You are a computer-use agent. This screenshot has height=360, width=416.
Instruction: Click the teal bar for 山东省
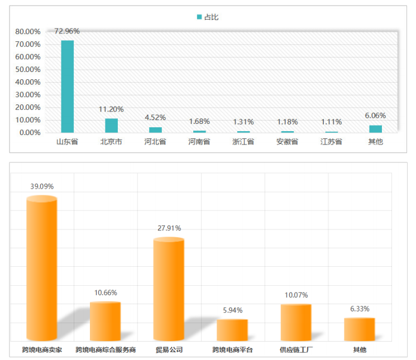[x=67, y=87]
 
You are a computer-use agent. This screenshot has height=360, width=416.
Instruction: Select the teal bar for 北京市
[x=112, y=126]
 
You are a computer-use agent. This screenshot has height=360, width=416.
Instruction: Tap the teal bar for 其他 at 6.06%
[x=376, y=129]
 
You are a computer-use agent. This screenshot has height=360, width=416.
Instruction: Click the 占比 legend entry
[x=208, y=17]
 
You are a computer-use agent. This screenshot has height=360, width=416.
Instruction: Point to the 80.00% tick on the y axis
[x=26, y=31]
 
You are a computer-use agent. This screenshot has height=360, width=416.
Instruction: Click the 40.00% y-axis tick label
[x=26, y=82]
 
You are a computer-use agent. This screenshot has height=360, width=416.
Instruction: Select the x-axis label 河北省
[x=155, y=142]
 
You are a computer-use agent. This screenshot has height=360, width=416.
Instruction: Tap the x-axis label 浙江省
[x=243, y=142]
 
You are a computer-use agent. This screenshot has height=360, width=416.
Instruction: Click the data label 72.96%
[x=68, y=31]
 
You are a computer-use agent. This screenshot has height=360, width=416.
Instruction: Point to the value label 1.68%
[x=199, y=122]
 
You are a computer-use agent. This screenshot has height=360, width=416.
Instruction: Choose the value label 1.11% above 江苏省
[x=332, y=122]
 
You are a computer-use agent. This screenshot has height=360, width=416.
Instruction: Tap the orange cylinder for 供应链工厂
[x=296, y=322]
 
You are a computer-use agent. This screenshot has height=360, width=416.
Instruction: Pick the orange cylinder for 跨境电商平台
[x=232, y=329]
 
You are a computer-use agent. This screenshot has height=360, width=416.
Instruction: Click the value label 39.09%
[x=42, y=186]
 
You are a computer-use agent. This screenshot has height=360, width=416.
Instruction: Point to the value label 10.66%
[x=106, y=292]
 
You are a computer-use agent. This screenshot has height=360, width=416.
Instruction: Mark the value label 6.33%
[x=360, y=309]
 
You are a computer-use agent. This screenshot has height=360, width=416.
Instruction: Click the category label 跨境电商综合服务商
[x=106, y=350]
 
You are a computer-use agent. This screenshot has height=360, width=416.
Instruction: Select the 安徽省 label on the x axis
[x=288, y=142]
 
